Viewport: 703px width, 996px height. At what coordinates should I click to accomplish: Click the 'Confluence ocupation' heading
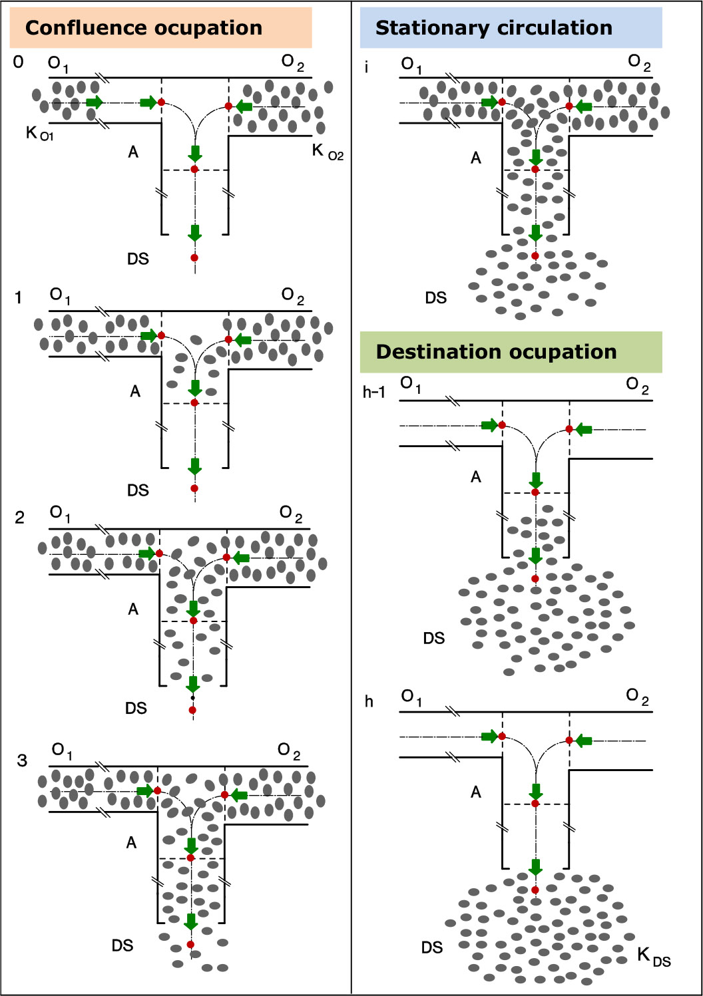click(144, 28)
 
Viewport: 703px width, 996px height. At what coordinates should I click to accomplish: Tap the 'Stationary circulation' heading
click(494, 28)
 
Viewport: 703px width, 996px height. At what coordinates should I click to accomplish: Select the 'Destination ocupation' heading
click(496, 352)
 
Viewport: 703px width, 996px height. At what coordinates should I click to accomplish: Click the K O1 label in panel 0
click(39, 133)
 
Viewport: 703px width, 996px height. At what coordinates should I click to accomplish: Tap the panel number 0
click(18, 62)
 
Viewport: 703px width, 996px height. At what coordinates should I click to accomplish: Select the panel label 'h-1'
click(374, 392)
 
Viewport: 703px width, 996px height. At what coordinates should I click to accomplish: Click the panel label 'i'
click(367, 67)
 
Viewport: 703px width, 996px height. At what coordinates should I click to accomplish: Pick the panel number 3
click(22, 760)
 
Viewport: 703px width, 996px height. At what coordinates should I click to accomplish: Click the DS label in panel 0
click(138, 259)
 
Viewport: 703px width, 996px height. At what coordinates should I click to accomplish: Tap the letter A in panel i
click(475, 158)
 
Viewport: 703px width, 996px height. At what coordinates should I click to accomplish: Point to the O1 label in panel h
click(411, 697)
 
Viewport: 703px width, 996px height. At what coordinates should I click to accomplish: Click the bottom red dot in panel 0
click(194, 257)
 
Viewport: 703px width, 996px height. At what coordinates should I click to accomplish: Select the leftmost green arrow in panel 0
click(95, 102)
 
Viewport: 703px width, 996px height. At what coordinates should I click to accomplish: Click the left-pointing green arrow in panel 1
click(243, 341)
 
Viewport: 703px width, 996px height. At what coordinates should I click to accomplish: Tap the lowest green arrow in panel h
click(535, 867)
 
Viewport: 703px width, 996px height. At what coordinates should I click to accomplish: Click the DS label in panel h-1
click(434, 638)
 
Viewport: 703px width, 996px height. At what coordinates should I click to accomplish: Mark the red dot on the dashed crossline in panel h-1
click(535, 492)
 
